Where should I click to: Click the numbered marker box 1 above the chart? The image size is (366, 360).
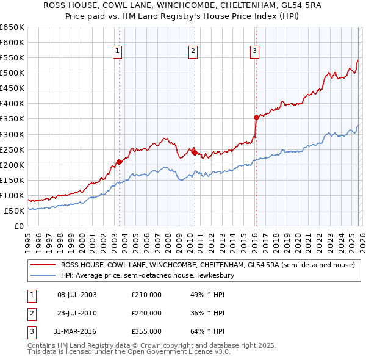tap(117, 52)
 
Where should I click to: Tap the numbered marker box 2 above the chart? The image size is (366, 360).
tap(193, 52)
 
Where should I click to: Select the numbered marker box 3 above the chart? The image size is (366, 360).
tap(254, 52)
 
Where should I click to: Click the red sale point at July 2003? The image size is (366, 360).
tap(119, 162)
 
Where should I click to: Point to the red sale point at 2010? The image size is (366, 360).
tap(195, 153)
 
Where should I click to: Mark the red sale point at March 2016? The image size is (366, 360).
tap(256, 117)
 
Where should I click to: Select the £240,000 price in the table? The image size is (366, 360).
tap(146, 313)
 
